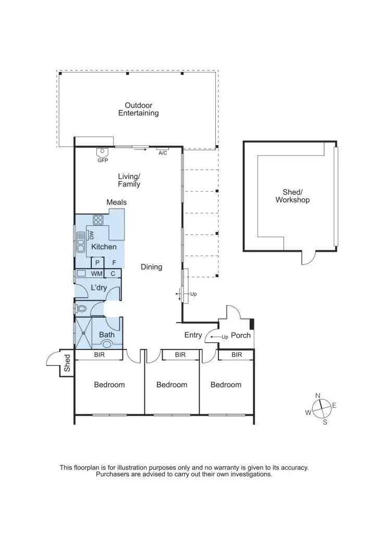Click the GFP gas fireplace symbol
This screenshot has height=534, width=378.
pos(102,152)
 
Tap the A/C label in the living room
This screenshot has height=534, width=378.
pos(163,153)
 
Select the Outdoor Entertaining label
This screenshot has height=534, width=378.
pos(138,109)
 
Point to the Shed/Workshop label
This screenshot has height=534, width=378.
pos(292,196)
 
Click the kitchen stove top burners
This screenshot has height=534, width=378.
pos(98,219)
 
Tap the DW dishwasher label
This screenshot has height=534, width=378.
pos(91,235)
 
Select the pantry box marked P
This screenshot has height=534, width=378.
pos(97,263)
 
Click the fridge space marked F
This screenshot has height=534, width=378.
pos(114,263)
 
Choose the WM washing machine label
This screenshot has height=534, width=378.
pos(96,273)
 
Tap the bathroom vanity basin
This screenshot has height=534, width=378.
pos(107,344)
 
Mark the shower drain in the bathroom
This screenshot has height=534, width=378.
pos(82,333)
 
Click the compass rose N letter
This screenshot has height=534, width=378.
pos(318,396)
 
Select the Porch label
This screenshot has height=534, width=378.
pos(241,335)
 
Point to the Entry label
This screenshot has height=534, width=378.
pos(193,335)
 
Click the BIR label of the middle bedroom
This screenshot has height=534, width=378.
pos(180,355)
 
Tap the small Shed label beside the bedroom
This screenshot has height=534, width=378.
pos(67,363)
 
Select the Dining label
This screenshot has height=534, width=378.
pos(151,267)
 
